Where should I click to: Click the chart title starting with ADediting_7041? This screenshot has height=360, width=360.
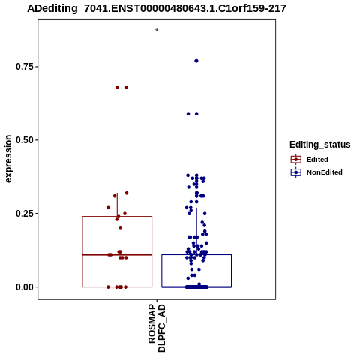tap(157, 9)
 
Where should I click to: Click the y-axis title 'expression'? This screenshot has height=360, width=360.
tap(8, 159)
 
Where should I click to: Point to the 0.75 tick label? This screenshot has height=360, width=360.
tap(24, 67)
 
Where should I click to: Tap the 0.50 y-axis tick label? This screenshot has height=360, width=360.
tap(24, 140)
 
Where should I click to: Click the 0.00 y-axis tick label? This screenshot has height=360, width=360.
tap(24, 287)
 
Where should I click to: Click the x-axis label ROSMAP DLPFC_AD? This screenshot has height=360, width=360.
tap(157, 328)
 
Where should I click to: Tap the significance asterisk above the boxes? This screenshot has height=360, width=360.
tap(157, 31)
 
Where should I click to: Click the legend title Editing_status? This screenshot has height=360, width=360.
tap(320, 145)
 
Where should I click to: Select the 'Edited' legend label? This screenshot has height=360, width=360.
tap(317, 160)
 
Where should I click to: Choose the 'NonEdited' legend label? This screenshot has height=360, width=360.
tap(325, 172)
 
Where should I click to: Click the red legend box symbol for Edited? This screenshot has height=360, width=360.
tap(296, 160)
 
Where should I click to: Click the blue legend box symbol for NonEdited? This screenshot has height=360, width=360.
tap(296, 172)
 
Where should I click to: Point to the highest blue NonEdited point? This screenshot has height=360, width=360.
tap(196, 61)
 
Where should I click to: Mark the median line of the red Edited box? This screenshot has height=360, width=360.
tap(117, 254)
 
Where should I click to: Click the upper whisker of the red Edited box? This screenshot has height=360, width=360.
tap(117, 205)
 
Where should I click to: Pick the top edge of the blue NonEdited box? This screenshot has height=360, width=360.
tap(196, 254)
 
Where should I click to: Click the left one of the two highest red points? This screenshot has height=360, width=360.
tap(117, 87)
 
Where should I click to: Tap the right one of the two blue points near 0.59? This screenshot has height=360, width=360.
tap(196, 114)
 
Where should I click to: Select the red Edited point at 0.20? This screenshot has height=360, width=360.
tap(120, 228)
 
